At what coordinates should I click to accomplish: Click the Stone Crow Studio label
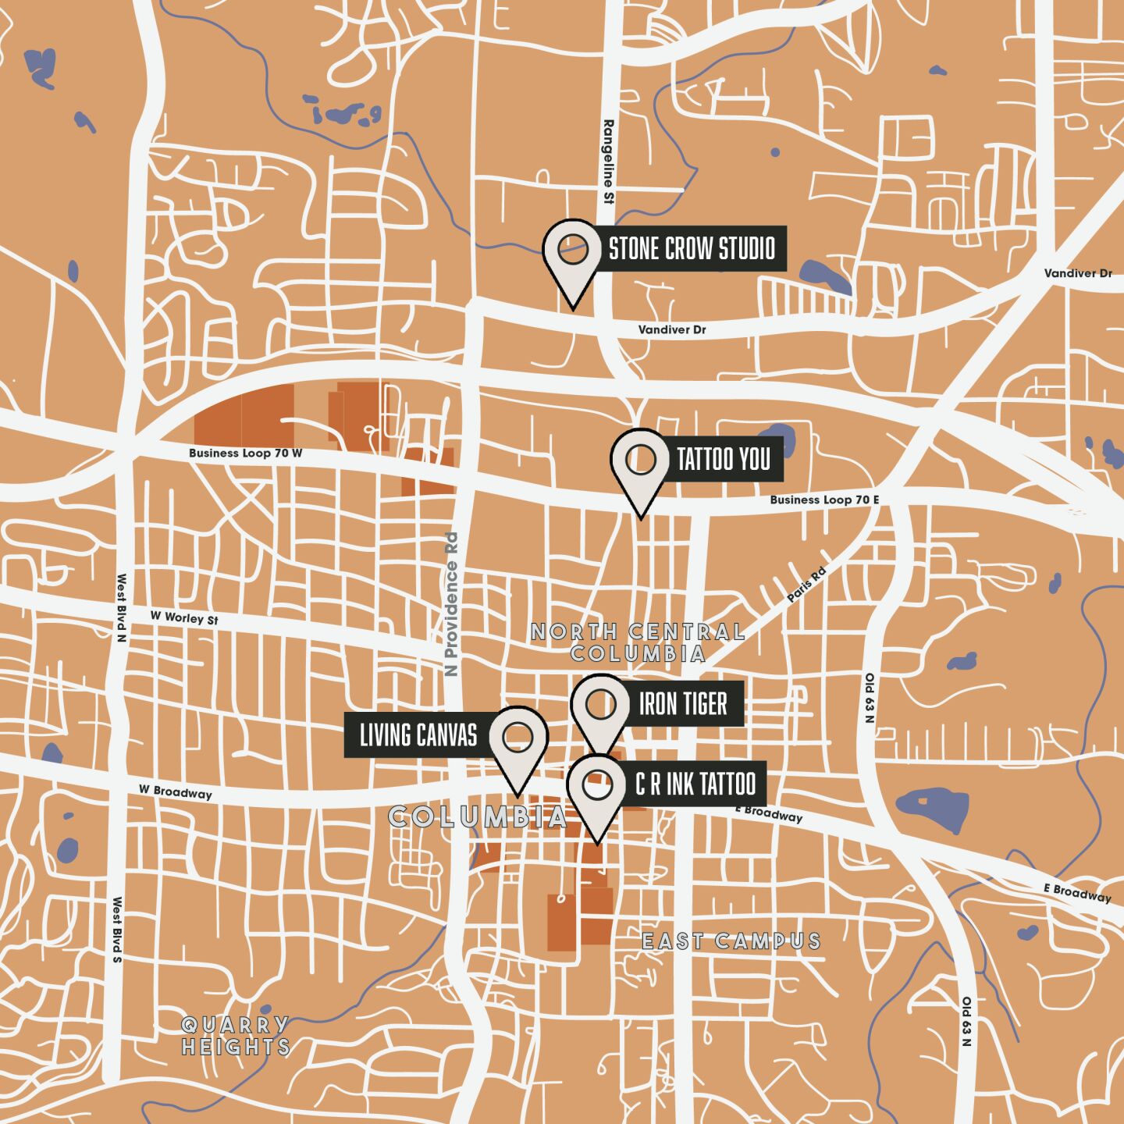click(691, 249)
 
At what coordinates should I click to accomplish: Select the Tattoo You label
click(724, 460)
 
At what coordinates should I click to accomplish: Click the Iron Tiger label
click(683, 704)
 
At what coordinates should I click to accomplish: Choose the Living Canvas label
click(418, 735)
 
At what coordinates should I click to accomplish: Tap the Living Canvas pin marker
click(518, 737)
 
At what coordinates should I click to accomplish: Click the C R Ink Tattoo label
click(695, 784)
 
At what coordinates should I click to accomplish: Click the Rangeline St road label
click(609, 162)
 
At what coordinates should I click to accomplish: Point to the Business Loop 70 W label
click(245, 453)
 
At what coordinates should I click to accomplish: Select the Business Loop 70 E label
click(825, 500)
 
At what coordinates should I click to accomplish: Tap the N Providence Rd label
click(450, 594)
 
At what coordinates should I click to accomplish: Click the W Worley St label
click(184, 617)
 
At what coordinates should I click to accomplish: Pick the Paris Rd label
click(806, 585)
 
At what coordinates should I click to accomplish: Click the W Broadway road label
click(176, 791)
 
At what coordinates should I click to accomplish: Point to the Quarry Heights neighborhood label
click(236, 1036)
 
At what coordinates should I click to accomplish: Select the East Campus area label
click(731, 941)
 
